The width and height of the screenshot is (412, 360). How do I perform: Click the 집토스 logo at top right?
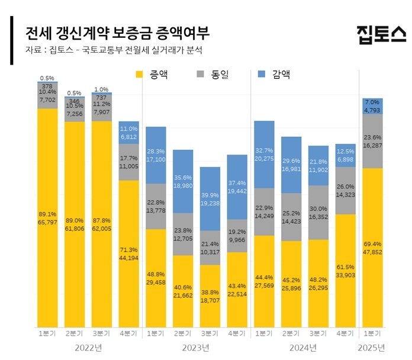pos(381,34)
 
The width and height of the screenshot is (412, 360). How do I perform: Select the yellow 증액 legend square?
pos(140,75)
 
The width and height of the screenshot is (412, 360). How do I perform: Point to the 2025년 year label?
pos(373,347)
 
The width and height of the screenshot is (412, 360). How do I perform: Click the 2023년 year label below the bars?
pos(197,347)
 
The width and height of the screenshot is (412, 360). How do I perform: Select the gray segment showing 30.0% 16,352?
pos(318,212)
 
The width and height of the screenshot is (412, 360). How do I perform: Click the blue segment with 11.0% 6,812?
pos(130,133)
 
